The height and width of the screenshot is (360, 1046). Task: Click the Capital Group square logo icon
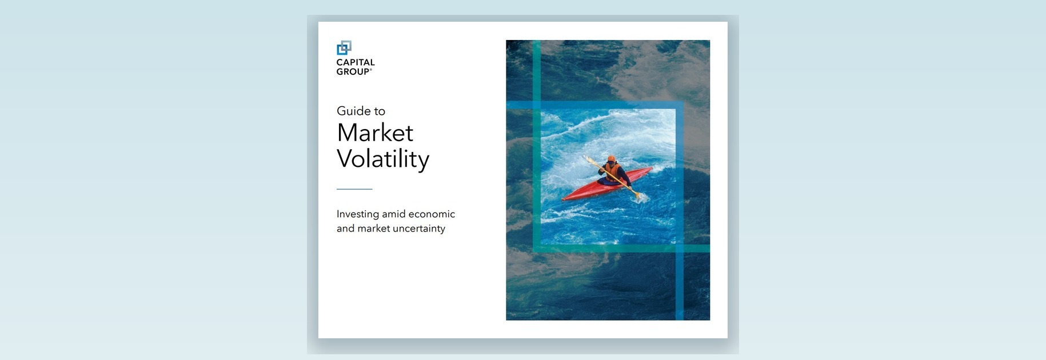pos(344,47)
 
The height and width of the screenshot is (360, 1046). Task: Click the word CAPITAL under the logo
pos(356,62)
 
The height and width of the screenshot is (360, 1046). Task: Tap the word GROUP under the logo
pos(353,71)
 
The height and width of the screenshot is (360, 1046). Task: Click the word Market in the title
pos(375,133)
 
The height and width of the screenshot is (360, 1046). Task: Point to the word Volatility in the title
pos(383,159)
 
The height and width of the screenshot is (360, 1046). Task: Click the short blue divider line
pos(354,189)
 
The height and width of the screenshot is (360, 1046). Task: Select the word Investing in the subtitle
pos(358,214)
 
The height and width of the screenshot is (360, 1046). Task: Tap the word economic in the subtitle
pos(433,214)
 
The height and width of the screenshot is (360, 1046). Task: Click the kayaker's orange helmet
pos(611,159)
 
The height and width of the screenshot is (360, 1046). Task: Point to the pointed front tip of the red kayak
pos(564,199)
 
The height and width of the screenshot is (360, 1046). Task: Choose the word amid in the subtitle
pos(394,214)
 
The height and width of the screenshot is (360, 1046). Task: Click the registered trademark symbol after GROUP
pos(371,70)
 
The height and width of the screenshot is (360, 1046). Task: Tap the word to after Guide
pos(380,111)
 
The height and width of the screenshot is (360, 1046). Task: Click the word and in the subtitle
pos(345,229)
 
